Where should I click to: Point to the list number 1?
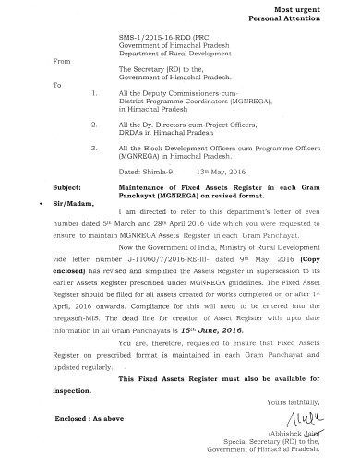coord(95,93)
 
